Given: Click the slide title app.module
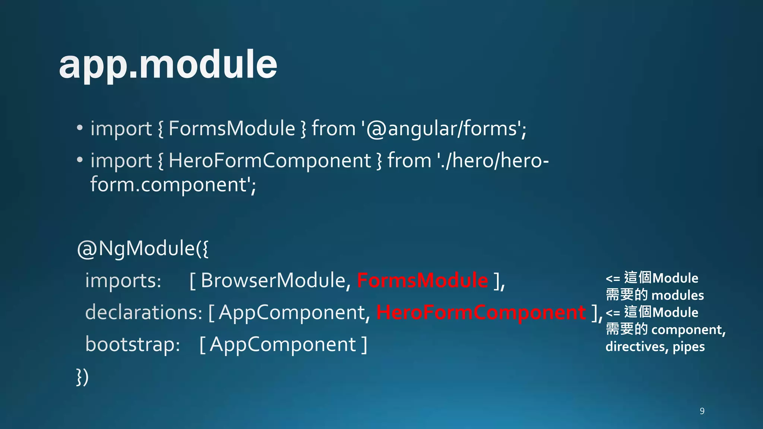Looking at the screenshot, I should point(168,65).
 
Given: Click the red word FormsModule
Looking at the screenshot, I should point(422,280).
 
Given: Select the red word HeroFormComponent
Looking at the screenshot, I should point(481,312).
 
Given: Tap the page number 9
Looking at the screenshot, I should point(702,411).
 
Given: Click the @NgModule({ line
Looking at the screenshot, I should point(143,249).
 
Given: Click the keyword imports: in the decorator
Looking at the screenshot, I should point(123,280).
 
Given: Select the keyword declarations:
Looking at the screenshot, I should point(144,312).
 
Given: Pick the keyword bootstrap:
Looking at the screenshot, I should point(133,344).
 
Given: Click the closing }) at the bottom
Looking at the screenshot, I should point(82,377).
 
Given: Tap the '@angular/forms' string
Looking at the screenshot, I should point(443,129).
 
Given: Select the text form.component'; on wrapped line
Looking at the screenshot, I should point(173,185).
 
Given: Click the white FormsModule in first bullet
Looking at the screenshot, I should point(232,129).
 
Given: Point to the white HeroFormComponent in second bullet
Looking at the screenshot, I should point(270,161).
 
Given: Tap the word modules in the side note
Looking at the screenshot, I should point(678,295).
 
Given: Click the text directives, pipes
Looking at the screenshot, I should point(655,347).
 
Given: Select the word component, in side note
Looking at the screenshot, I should point(688,330).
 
